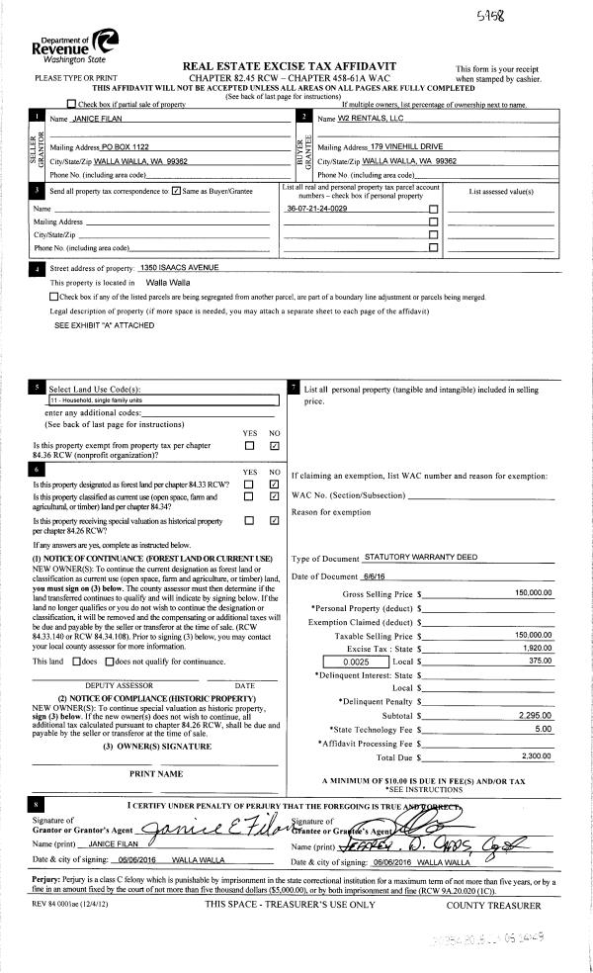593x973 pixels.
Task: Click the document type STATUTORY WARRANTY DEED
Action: click(x=421, y=558)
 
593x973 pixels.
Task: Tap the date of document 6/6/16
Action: click(x=376, y=575)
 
